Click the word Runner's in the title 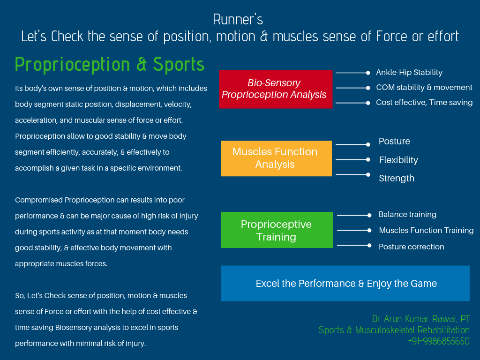click(x=238, y=20)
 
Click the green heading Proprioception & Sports click(x=110, y=65)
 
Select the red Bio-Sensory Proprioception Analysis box click(x=276, y=89)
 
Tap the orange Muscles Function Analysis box click(x=276, y=158)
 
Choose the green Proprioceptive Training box click(x=277, y=230)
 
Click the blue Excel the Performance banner click(x=345, y=284)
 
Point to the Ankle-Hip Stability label click(x=409, y=73)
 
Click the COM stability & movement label click(x=424, y=88)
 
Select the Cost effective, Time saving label click(x=424, y=103)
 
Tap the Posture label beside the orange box click(x=394, y=142)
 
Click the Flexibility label click(x=398, y=160)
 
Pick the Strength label click(x=397, y=179)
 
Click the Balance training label click(x=407, y=215)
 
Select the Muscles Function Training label click(x=426, y=231)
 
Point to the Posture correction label click(x=411, y=247)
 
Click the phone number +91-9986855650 click(x=438, y=341)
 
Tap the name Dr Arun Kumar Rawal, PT click(x=420, y=319)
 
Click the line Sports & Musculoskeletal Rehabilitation click(x=394, y=330)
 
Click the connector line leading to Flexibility click(x=352, y=160)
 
